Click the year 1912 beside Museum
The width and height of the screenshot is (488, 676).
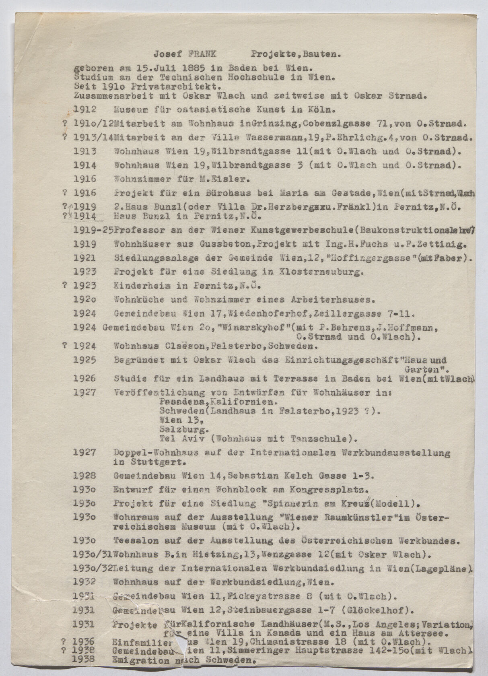85,109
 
